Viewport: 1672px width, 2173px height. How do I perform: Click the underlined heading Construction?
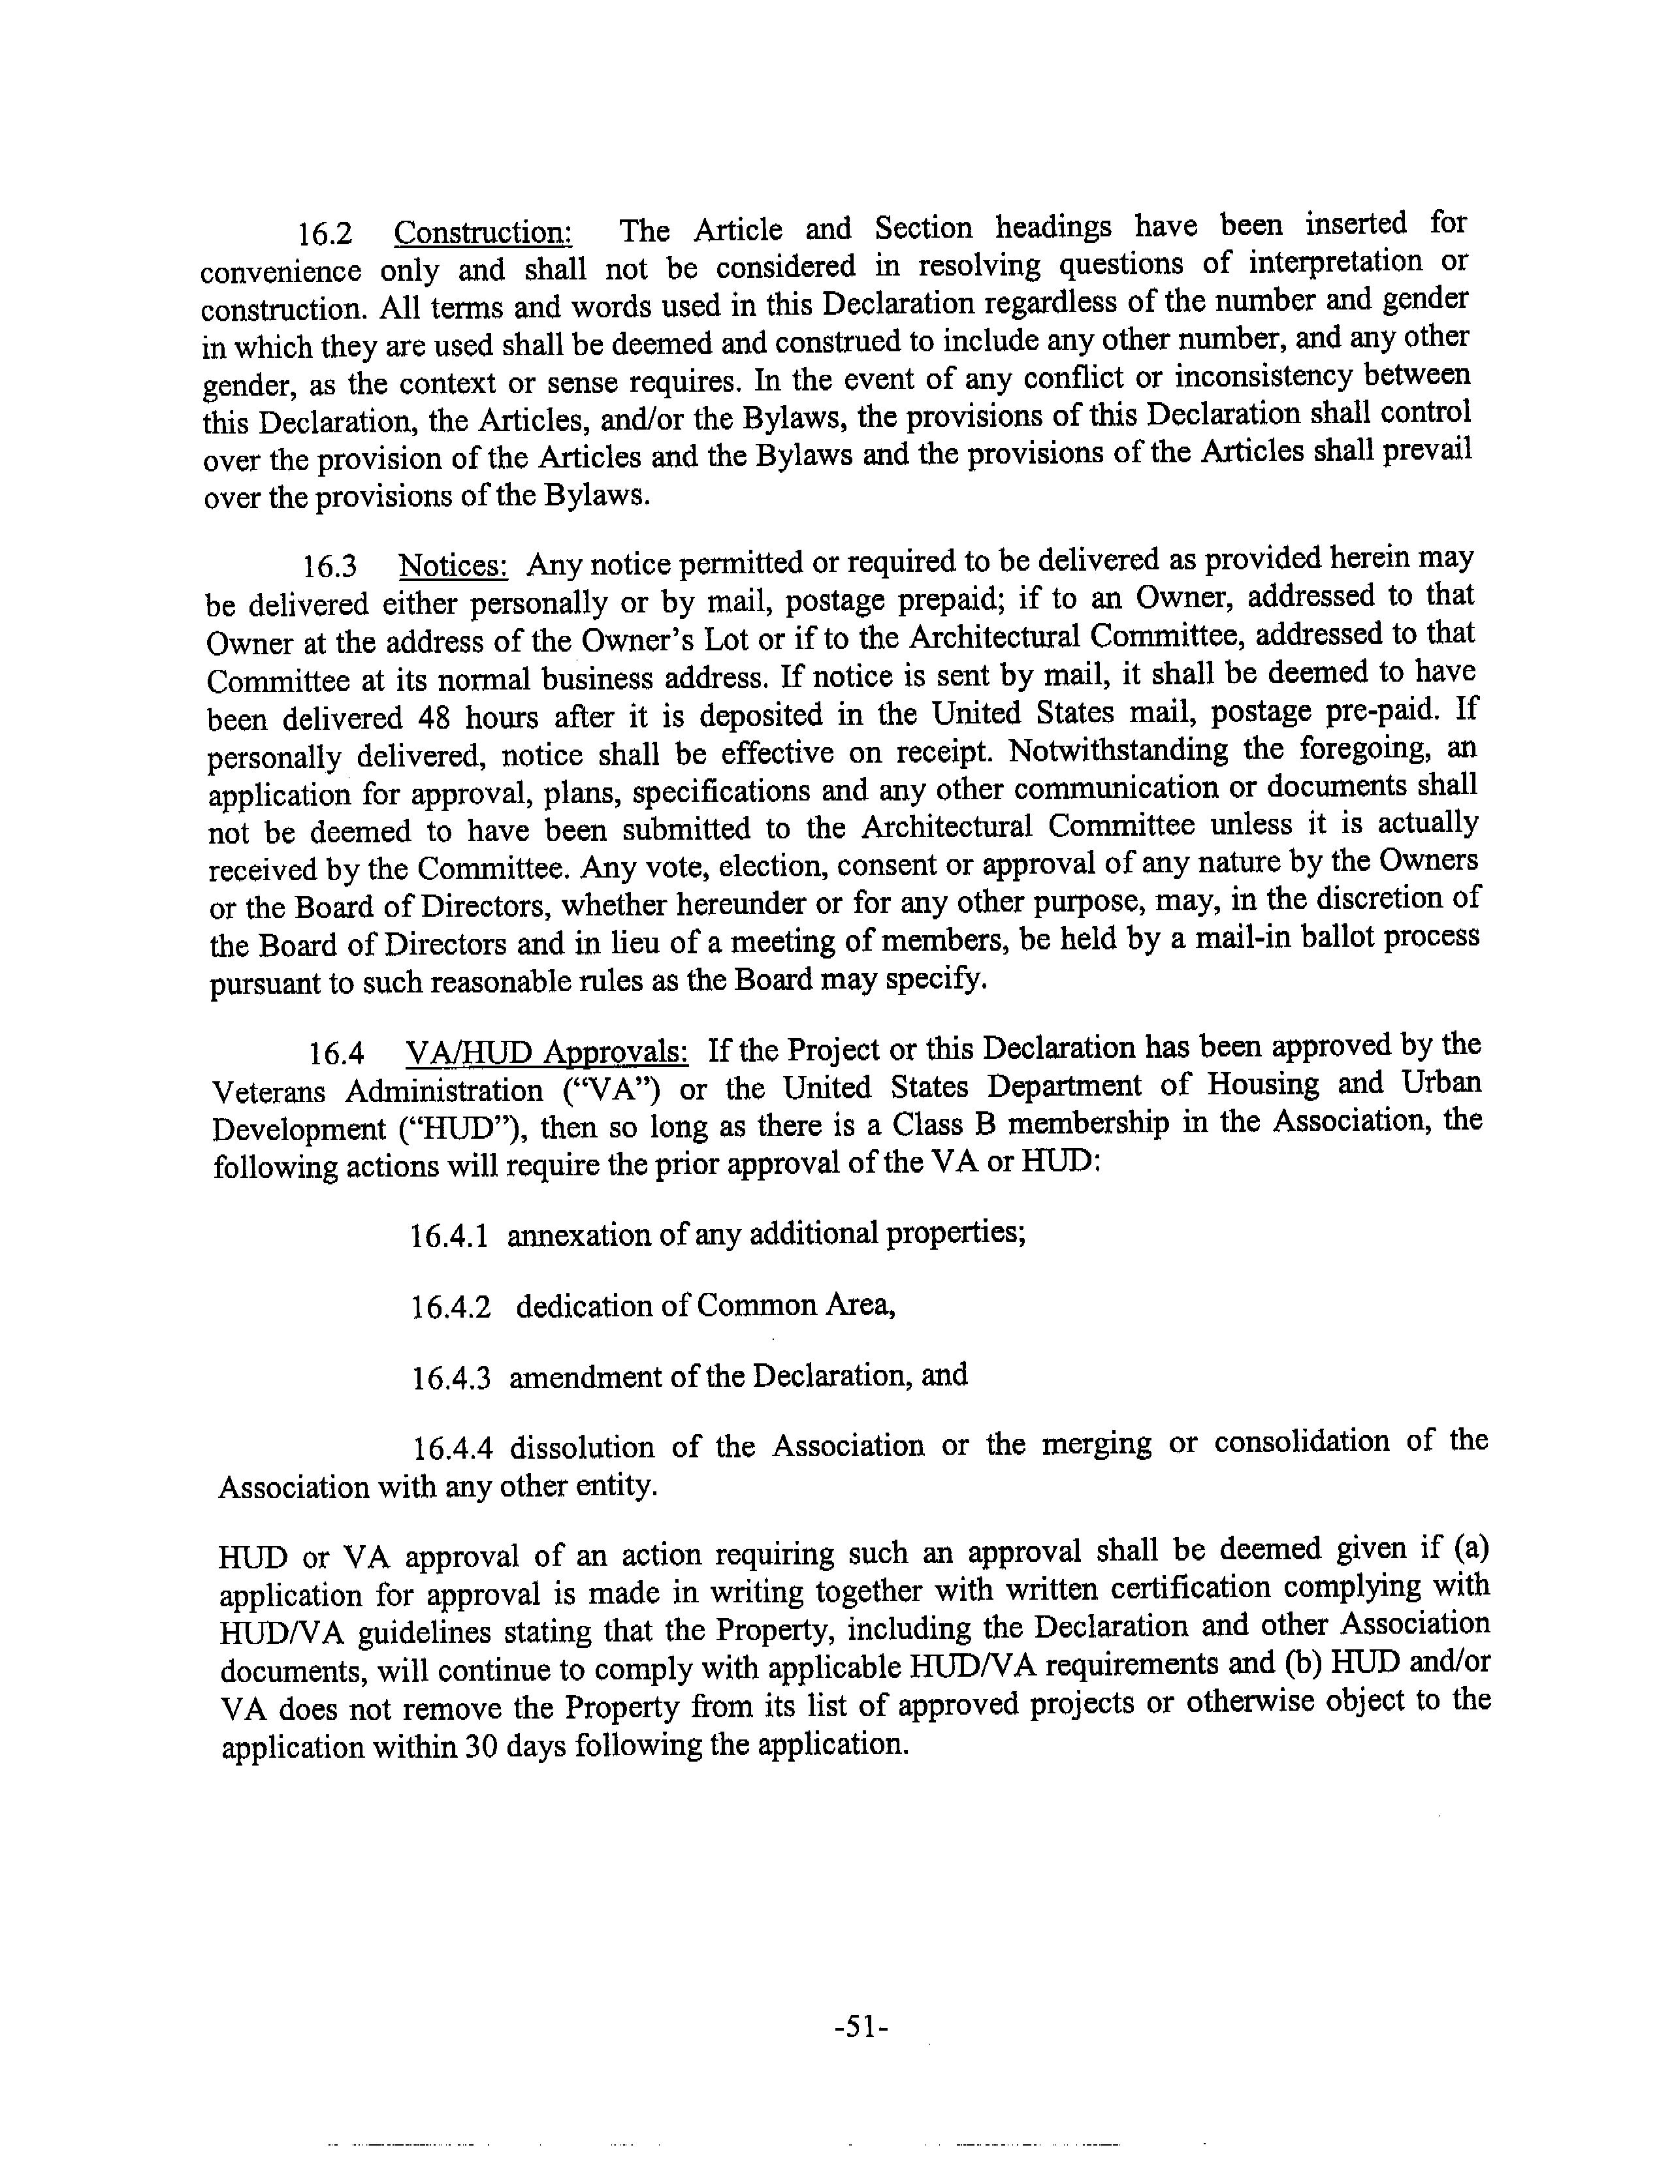click(483, 233)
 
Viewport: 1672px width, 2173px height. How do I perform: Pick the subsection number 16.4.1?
click(449, 1237)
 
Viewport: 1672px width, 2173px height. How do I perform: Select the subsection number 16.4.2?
click(451, 1307)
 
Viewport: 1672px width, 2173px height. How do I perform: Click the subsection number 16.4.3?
click(451, 1378)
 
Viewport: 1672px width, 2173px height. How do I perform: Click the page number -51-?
click(860, 2027)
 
